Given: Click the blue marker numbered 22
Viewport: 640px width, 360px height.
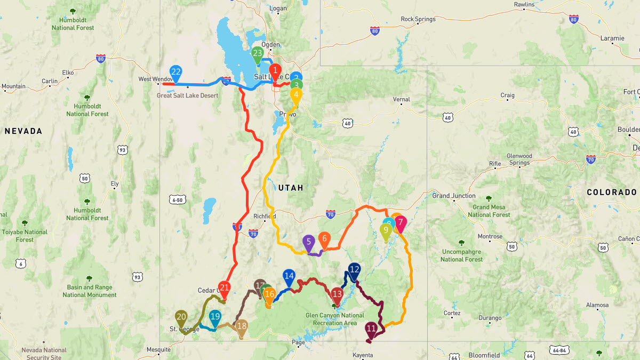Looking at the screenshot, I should [175, 73].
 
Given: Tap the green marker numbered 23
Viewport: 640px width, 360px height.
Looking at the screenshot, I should [258, 54].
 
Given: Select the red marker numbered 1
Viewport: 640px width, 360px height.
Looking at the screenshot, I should [275, 71].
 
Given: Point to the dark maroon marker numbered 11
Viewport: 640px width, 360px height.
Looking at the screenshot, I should [371, 330].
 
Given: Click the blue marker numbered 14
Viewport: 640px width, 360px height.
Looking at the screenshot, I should [289, 277].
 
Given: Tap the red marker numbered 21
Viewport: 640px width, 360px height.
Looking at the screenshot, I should [225, 289].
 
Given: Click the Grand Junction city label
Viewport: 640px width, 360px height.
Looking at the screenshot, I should [453, 196].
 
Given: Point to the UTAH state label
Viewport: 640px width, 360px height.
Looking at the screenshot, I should [291, 188].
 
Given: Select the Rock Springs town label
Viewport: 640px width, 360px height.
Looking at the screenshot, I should [418, 19].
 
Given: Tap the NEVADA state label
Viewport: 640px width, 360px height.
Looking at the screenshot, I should [23, 131].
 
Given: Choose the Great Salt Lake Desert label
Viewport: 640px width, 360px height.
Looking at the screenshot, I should [187, 95].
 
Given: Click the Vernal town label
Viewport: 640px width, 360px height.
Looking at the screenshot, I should [401, 99].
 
